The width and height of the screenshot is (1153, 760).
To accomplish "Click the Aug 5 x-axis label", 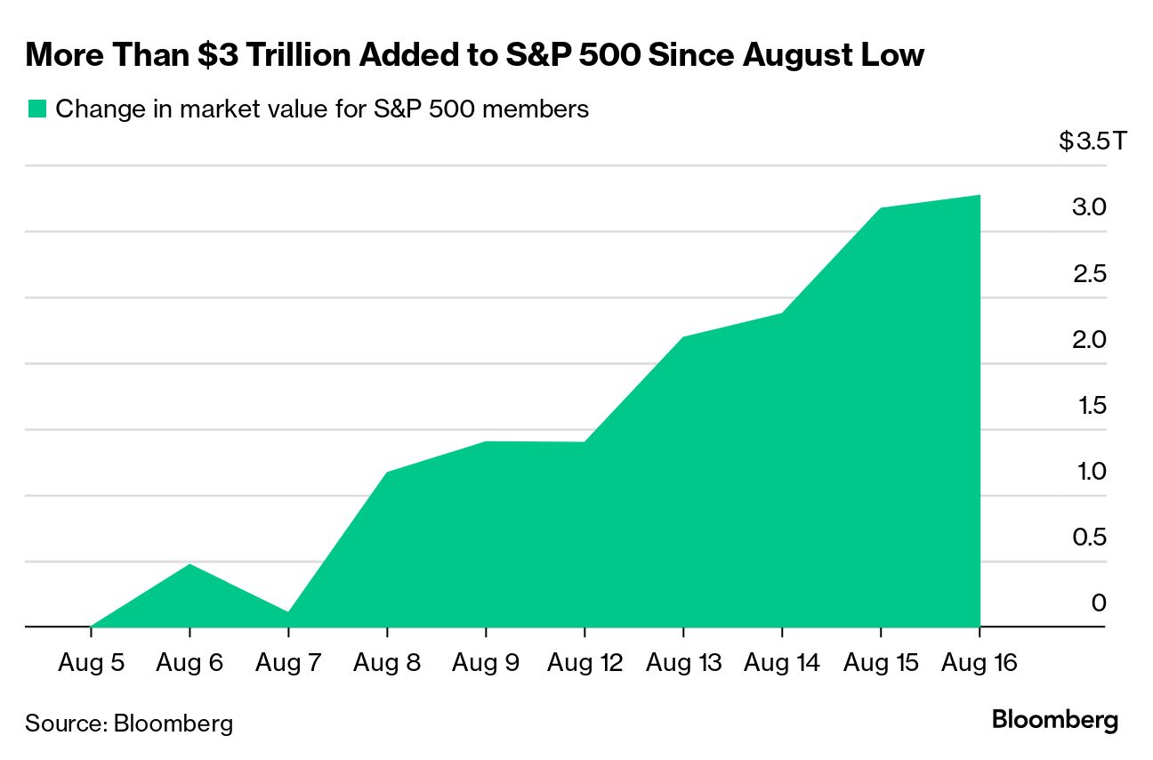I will [x=91, y=663].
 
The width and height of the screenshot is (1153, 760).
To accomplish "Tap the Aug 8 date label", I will [x=387, y=663].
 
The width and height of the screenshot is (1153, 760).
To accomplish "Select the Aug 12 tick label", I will [x=584, y=663].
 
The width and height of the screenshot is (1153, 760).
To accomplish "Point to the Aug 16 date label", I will [x=979, y=663].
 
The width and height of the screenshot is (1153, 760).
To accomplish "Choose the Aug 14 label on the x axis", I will [x=781, y=663].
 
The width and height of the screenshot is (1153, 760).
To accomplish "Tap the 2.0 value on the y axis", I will [x=1088, y=340].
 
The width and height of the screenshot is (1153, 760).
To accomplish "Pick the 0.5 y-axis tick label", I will [x=1088, y=538].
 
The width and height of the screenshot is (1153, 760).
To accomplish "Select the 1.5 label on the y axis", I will [x=1088, y=406].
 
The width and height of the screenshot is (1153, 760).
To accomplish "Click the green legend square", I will [x=36, y=109].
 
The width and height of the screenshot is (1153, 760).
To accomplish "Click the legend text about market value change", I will [x=322, y=109].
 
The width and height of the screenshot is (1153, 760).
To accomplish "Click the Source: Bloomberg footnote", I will [x=129, y=723].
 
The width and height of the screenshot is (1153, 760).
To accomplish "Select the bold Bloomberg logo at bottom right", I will [x=1054, y=720].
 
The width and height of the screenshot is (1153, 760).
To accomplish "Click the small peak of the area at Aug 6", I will [x=189, y=564].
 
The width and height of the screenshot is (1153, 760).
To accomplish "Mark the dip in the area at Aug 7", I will [x=288, y=611].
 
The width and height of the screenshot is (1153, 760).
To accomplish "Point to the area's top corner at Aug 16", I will [x=979, y=195].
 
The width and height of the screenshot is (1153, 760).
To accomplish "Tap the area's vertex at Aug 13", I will [x=682, y=337].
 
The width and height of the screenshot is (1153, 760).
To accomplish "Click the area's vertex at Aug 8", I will [x=387, y=472].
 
